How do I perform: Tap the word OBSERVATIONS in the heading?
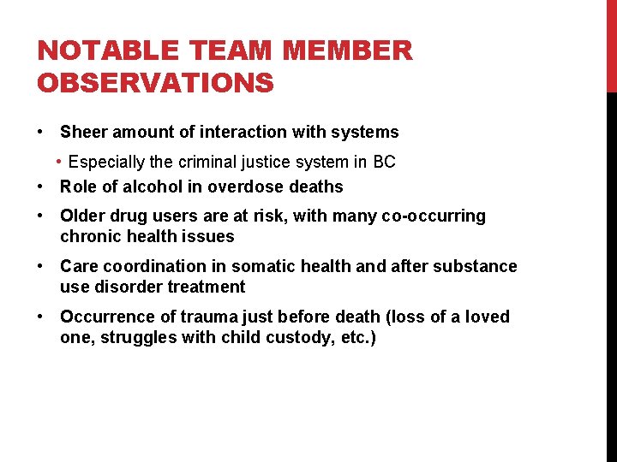155,83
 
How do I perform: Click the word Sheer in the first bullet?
82,132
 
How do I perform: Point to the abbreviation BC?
384,163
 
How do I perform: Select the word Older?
81,216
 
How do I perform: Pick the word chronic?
88,236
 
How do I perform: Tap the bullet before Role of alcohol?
41,187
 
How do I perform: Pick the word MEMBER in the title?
348,51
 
